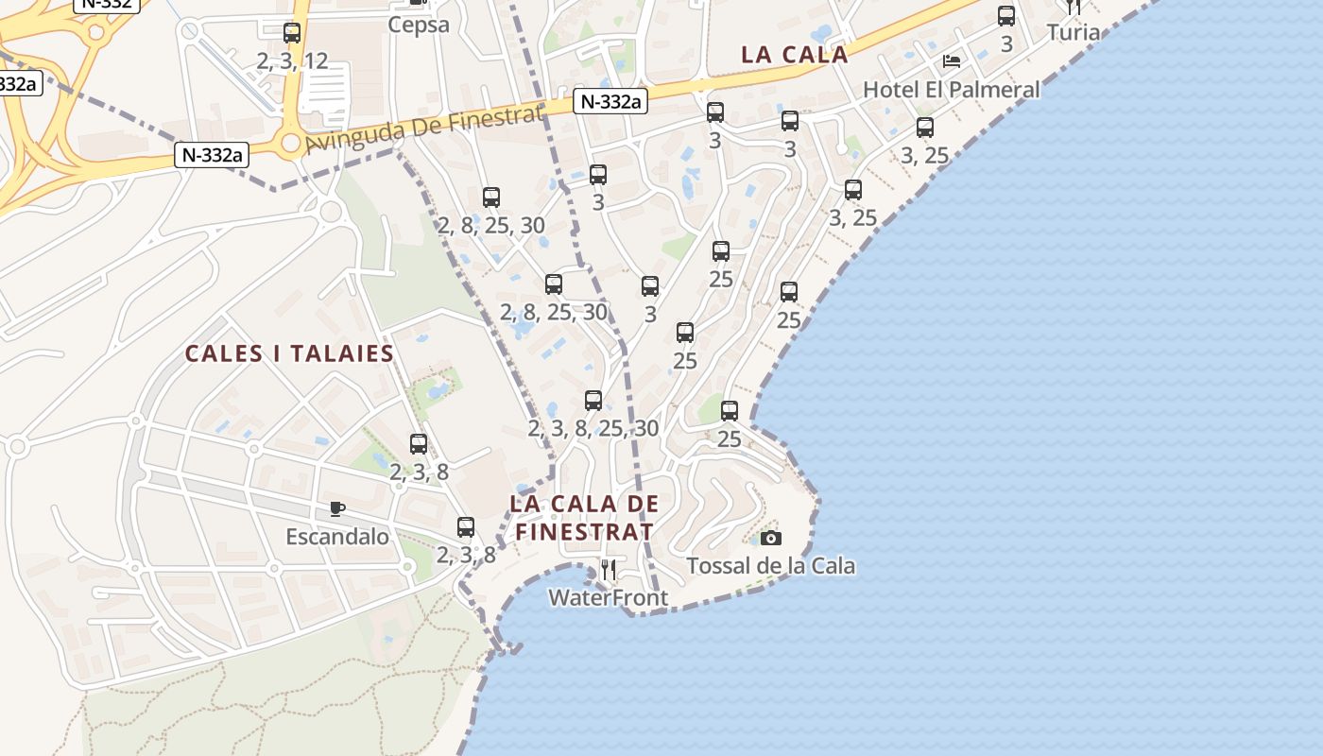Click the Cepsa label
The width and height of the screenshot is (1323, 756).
point(419,25)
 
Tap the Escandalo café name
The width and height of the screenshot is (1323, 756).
point(337,537)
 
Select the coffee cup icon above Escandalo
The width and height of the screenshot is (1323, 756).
point(337,509)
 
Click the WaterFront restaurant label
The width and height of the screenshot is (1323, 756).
point(608,597)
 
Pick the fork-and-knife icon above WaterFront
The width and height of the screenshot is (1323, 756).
point(609,570)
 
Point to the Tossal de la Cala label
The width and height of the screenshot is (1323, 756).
point(770,566)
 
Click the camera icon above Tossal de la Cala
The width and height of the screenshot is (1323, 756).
point(771,538)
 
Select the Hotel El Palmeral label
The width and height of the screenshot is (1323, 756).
point(951,90)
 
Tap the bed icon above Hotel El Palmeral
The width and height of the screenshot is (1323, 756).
point(952,61)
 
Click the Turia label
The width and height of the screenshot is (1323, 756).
point(1074,32)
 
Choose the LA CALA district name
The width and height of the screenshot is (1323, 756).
point(795,55)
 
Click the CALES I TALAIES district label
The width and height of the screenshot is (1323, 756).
point(289,354)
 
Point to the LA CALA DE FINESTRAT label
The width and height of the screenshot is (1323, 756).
point(584,517)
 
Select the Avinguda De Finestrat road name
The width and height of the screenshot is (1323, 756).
point(426,130)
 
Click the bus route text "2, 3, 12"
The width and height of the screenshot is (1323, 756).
point(292,61)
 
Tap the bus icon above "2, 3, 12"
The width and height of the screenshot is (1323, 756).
point(292,33)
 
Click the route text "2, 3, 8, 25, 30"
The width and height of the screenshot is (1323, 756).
point(593,428)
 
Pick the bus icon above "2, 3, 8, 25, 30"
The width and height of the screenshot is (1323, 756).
point(593,401)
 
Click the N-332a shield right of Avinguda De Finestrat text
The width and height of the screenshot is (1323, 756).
point(610,102)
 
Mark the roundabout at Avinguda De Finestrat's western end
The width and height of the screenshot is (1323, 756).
point(292,145)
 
